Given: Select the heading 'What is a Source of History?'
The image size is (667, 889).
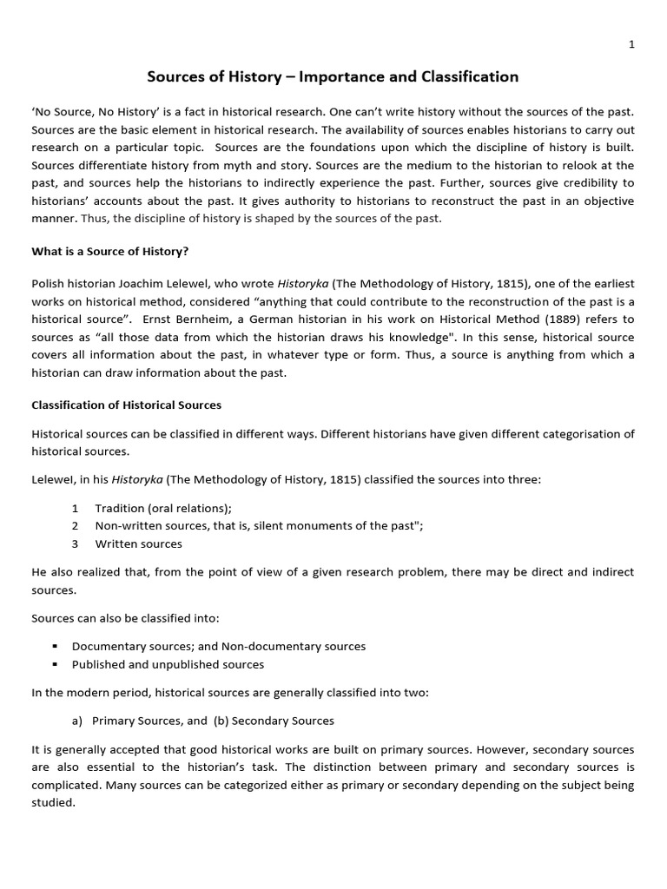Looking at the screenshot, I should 110,252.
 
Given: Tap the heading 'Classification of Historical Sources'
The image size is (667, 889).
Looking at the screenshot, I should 127,405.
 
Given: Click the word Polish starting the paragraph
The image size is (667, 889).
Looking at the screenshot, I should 48,282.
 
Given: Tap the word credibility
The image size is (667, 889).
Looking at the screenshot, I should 569,183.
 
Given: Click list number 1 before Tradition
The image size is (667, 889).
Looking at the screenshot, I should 76,508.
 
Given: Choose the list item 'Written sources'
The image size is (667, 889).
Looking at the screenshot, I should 138,544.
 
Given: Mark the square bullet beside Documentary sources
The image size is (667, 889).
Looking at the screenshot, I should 55,647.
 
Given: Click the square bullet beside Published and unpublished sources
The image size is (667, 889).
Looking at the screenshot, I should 55,665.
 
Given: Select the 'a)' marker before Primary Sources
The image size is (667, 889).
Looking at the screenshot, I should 76,721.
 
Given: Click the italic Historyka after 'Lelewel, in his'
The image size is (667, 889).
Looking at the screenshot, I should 137,480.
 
